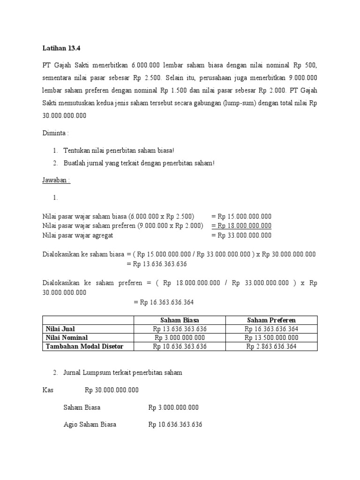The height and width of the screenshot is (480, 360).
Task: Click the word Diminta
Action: click(x=55, y=133)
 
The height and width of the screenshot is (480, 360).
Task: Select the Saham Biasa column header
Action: click(x=180, y=320)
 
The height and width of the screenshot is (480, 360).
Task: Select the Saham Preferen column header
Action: click(x=271, y=320)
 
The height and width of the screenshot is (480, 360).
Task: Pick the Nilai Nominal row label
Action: click(x=67, y=337)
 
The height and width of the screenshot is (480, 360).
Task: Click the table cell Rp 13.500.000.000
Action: click(x=271, y=337)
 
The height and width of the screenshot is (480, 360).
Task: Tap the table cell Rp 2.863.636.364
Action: click(x=271, y=346)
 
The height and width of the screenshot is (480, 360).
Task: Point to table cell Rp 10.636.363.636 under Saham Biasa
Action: click(x=180, y=346)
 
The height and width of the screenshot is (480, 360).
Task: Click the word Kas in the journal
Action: click(x=48, y=390)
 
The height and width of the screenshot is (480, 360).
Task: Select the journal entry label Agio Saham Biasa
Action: click(x=90, y=425)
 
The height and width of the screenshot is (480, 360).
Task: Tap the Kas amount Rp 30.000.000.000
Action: click(x=112, y=390)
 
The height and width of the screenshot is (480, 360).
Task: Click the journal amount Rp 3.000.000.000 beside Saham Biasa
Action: click(x=173, y=407)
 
